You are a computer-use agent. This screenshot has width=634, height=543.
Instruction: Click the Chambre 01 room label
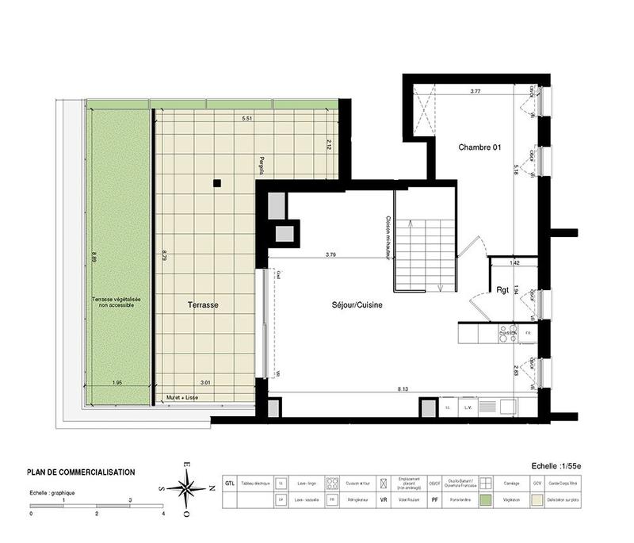[482, 147]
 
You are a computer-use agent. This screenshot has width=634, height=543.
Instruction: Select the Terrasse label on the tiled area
[203, 304]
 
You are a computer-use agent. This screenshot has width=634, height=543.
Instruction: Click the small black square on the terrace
[216, 184]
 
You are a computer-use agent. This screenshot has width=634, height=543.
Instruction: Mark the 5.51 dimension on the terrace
[248, 119]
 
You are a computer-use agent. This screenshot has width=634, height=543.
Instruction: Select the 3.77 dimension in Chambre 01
[475, 92]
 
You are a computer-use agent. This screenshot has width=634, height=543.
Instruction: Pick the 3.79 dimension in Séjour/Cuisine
[332, 254]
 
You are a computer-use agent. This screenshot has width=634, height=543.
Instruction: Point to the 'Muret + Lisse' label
[181, 397]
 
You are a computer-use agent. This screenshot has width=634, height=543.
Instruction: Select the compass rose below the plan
[188, 489]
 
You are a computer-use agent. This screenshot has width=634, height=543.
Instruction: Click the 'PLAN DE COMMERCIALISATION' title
[81, 472]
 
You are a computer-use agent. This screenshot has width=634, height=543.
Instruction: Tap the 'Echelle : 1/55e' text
[559, 468]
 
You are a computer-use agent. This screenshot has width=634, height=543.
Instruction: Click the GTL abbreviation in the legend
[229, 483]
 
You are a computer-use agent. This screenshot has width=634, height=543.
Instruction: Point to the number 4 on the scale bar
[162, 514]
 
